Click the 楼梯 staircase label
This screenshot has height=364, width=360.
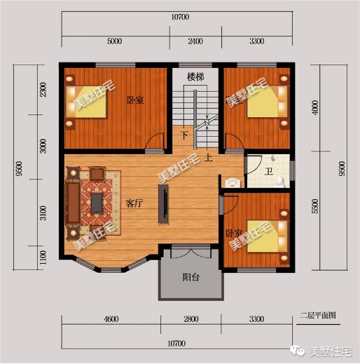tap(195, 77)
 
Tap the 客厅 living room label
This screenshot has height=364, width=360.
tap(134, 203)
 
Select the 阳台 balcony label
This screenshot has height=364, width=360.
tap(191, 277)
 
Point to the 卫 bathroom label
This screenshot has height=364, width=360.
tap(269, 172)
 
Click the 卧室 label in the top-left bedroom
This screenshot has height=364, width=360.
tap(135, 100)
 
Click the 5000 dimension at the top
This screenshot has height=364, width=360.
tap(114, 41)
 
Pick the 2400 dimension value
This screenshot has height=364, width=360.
tap(195, 41)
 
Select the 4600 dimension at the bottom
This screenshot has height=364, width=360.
tap(111, 319)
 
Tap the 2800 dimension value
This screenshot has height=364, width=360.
tap(191, 319)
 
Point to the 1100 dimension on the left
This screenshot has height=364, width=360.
tap(43, 257)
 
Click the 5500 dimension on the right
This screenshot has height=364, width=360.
tap(315, 206)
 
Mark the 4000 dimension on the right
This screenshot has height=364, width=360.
tap(315, 107)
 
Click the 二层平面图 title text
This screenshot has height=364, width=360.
tap(318, 316)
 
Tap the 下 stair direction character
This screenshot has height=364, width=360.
tap(185, 135)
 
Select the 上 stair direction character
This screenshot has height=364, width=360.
tap(208, 158)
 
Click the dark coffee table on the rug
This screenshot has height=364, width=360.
tap(97, 203)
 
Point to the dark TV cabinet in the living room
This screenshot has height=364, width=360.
tap(163, 203)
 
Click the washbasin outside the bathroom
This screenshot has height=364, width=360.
tap(233, 183)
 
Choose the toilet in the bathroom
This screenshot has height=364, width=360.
tap(281, 181)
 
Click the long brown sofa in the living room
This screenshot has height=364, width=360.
tap(73, 203)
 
